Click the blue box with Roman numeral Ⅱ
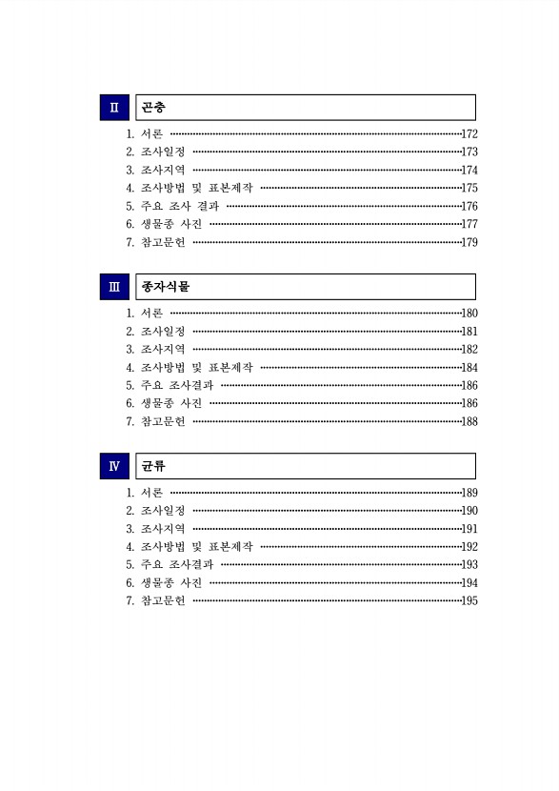pos(114,107)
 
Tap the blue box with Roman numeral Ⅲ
pos(114,287)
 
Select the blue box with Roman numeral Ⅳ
pos(114,466)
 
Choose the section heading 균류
pos(153,466)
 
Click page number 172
pos(469,134)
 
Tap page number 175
pos(469,189)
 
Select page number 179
pos(469,242)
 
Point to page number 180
pos(469,314)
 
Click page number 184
pos(469,368)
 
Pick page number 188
pos(469,421)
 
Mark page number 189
pos(469,493)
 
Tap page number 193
pos(469,565)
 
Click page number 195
pos(469,600)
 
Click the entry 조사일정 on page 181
pos(163,332)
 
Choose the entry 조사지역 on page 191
pos(163,529)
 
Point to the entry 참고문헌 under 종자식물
pos(163,421)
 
